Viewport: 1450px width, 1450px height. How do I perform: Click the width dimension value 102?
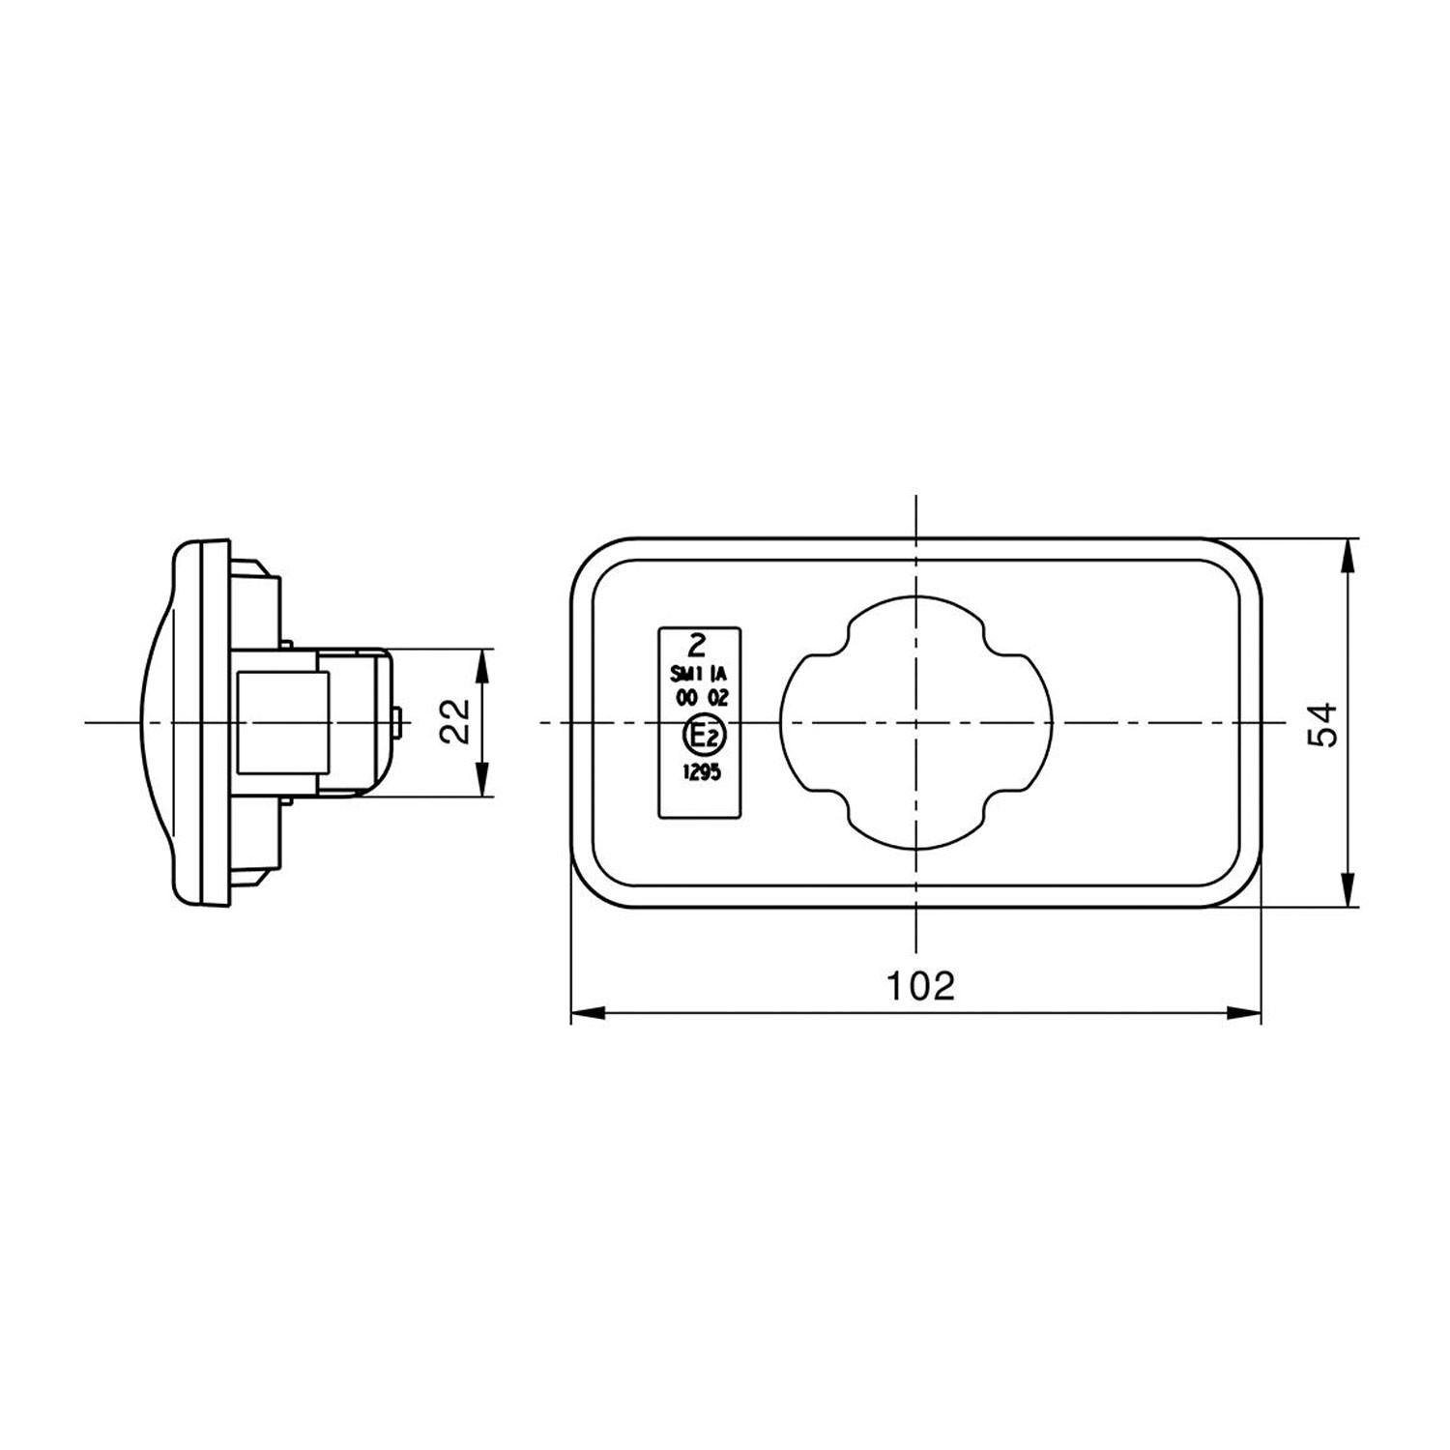(x=920, y=985)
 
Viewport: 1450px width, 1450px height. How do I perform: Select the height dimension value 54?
(x=1321, y=723)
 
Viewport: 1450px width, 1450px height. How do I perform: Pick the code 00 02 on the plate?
(x=701, y=699)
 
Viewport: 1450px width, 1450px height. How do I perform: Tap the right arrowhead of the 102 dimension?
(x=1246, y=1012)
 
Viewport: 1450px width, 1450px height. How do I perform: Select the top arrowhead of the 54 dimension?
(x=1348, y=556)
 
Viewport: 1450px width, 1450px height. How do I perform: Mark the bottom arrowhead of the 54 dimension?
(x=1348, y=889)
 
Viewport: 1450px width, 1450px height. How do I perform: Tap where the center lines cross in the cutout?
(x=915, y=723)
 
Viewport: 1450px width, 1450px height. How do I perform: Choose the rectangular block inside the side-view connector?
(x=283, y=722)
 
